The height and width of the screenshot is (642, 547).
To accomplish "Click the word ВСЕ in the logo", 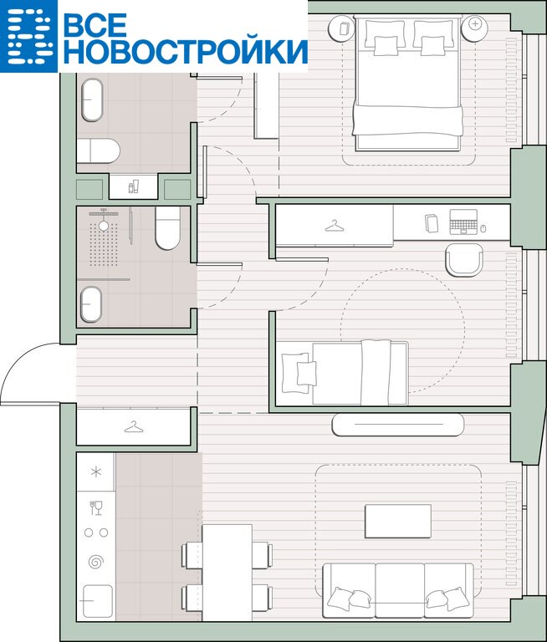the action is tap(95, 24).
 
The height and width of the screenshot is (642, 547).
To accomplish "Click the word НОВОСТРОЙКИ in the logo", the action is tap(186, 51).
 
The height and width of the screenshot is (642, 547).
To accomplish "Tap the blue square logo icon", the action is tap(28, 36).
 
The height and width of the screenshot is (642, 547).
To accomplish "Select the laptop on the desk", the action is tap(463, 222).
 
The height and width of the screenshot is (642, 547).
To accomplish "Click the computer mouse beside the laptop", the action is tap(483, 228).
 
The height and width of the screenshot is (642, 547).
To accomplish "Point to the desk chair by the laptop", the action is tap(464, 260).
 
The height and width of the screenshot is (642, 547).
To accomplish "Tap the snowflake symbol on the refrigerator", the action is tap(96, 472).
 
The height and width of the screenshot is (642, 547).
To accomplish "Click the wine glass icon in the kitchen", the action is tap(96, 507).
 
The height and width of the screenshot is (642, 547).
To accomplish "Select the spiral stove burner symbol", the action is tap(96, 562).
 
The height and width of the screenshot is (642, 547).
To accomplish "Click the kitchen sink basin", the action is tap(98, 601).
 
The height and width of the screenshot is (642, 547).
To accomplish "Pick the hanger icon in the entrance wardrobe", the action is tap(134, 427).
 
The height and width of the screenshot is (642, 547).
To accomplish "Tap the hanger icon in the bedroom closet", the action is tap(335, 226).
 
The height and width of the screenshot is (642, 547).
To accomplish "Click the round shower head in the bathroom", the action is tap(104, 225).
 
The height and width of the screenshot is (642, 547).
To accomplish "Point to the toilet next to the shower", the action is tap(167, 227).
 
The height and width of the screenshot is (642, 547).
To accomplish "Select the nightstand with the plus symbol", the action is tap(474, 28).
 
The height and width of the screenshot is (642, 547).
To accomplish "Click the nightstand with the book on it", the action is tap(342, 28).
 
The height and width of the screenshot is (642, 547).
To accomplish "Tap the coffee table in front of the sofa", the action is tap(398, 521).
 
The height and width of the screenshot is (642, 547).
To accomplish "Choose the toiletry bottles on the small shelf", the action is tap(133, 186).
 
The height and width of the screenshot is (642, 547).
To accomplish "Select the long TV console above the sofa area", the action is tap(398, 425).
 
